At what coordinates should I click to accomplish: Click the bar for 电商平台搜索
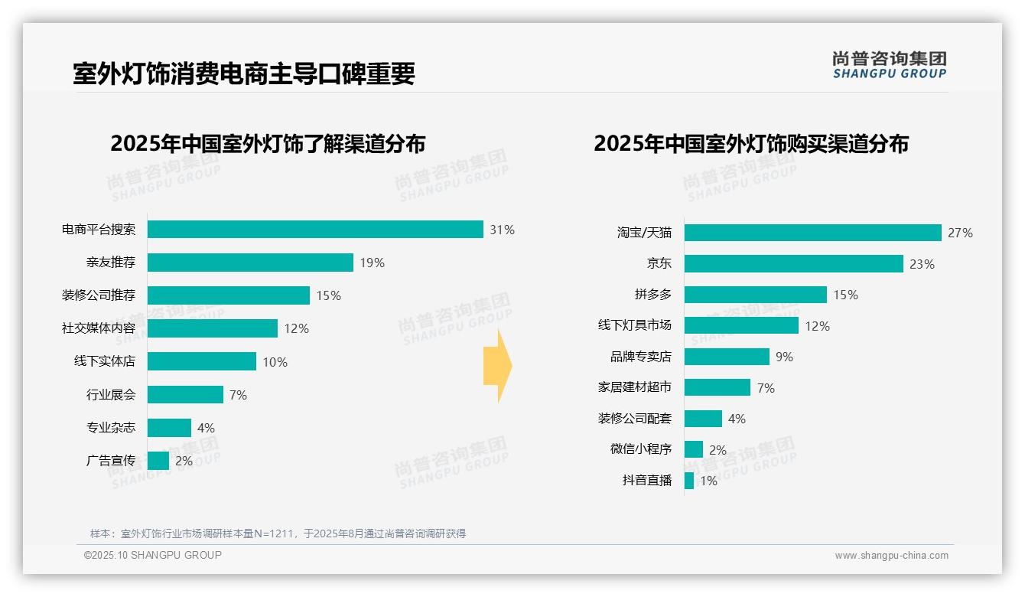point(315,230)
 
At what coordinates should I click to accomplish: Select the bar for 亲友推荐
point(250,263)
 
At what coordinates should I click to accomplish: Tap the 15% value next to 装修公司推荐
point(328,295)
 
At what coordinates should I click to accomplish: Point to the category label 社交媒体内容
point(99,328)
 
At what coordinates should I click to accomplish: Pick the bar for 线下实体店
point(202,361)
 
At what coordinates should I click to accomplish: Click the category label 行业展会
point(111,395)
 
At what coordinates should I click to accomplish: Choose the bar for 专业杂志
point(169,428)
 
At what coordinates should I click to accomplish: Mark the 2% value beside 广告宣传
point(184,461)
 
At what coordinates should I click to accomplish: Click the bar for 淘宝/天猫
point(812,233)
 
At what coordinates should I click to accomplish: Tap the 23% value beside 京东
point(922,264)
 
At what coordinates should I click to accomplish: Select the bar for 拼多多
point(756,295)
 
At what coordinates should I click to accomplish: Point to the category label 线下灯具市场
point(635,325)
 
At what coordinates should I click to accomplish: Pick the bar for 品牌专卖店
point(727,357)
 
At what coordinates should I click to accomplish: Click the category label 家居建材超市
point(635,387)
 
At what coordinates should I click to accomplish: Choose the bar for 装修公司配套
point(703,419)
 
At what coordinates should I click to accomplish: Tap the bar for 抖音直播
point(689,481)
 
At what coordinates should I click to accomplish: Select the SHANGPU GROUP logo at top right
point(889,65)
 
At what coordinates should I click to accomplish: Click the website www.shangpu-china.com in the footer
point(891,556)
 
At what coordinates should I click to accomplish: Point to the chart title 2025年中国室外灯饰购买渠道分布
point(750,144)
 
